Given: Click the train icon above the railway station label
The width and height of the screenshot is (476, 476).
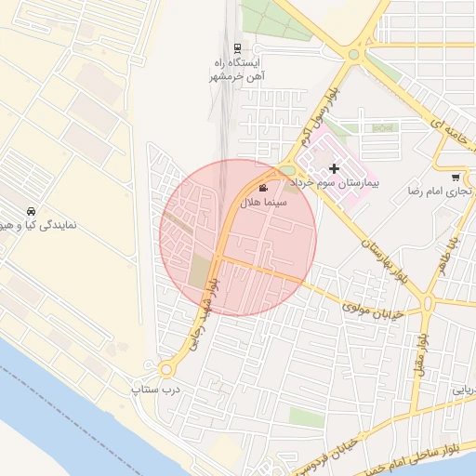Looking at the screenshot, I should point(238,48).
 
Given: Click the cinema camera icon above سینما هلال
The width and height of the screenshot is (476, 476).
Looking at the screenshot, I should point(263,188).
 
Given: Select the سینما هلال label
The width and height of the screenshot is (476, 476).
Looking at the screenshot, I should point(264,202).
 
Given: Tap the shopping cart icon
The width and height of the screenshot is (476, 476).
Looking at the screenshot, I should point(455,178).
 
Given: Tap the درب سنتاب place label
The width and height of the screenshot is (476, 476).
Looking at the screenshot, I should point(156,387).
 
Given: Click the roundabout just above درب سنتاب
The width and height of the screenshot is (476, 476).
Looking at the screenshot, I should point(168,369).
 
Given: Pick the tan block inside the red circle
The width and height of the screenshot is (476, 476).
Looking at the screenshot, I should point(200,271).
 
